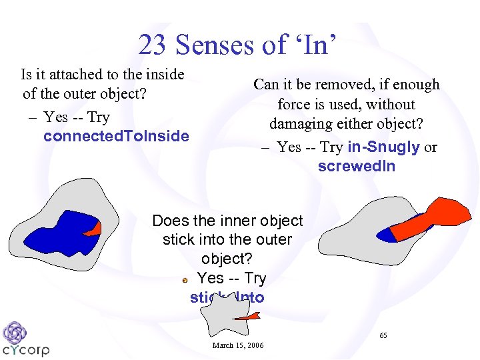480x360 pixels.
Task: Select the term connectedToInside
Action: click(x=116, y=137)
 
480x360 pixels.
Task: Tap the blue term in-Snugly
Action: click(x=383, y=147)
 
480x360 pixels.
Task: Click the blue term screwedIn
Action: click(x=356, y=167)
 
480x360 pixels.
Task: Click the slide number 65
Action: click(x=383, y=335)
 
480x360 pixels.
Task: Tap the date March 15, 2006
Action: click(x=237, y=345)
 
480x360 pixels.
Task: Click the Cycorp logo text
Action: click(x=26, y=350)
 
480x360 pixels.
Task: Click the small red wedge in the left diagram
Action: click(x=94, y=229)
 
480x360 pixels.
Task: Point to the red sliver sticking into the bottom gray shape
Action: click(x=247, y=318)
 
